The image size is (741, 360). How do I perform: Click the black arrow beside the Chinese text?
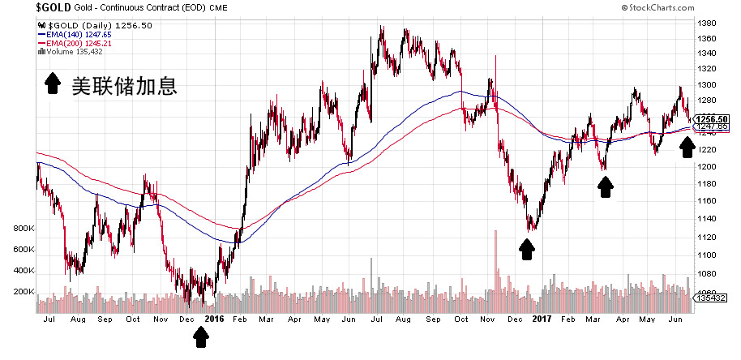tap(53, 84)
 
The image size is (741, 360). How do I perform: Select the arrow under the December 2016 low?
tap(527, 249)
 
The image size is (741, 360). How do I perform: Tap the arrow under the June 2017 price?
tap(687, 148)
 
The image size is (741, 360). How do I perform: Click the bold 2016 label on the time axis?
tap(214, 319)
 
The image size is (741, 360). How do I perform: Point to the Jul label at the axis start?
tap(49, 319)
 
